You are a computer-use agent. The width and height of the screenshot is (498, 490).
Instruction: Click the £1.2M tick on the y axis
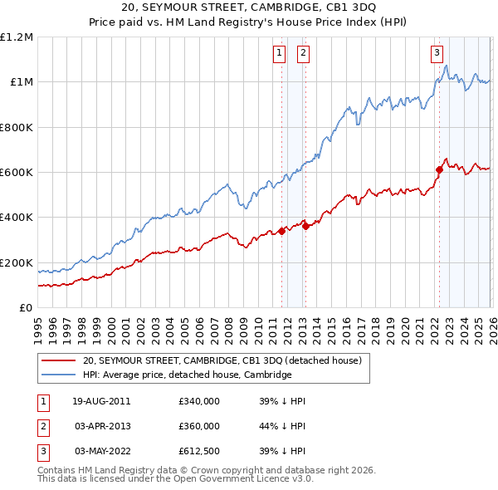coord(17,37)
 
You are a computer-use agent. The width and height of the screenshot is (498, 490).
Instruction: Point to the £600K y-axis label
coord(17,173)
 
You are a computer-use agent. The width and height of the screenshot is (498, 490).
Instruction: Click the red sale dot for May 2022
coord(438,169)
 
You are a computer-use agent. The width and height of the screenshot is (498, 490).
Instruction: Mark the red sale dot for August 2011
coord(281,231)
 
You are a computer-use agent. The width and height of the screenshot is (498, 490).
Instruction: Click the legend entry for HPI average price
coord(188,375)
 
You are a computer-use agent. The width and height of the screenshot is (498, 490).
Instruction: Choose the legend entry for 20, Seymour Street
coord(222,361)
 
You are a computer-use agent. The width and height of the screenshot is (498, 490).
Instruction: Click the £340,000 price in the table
coord(199,401)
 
